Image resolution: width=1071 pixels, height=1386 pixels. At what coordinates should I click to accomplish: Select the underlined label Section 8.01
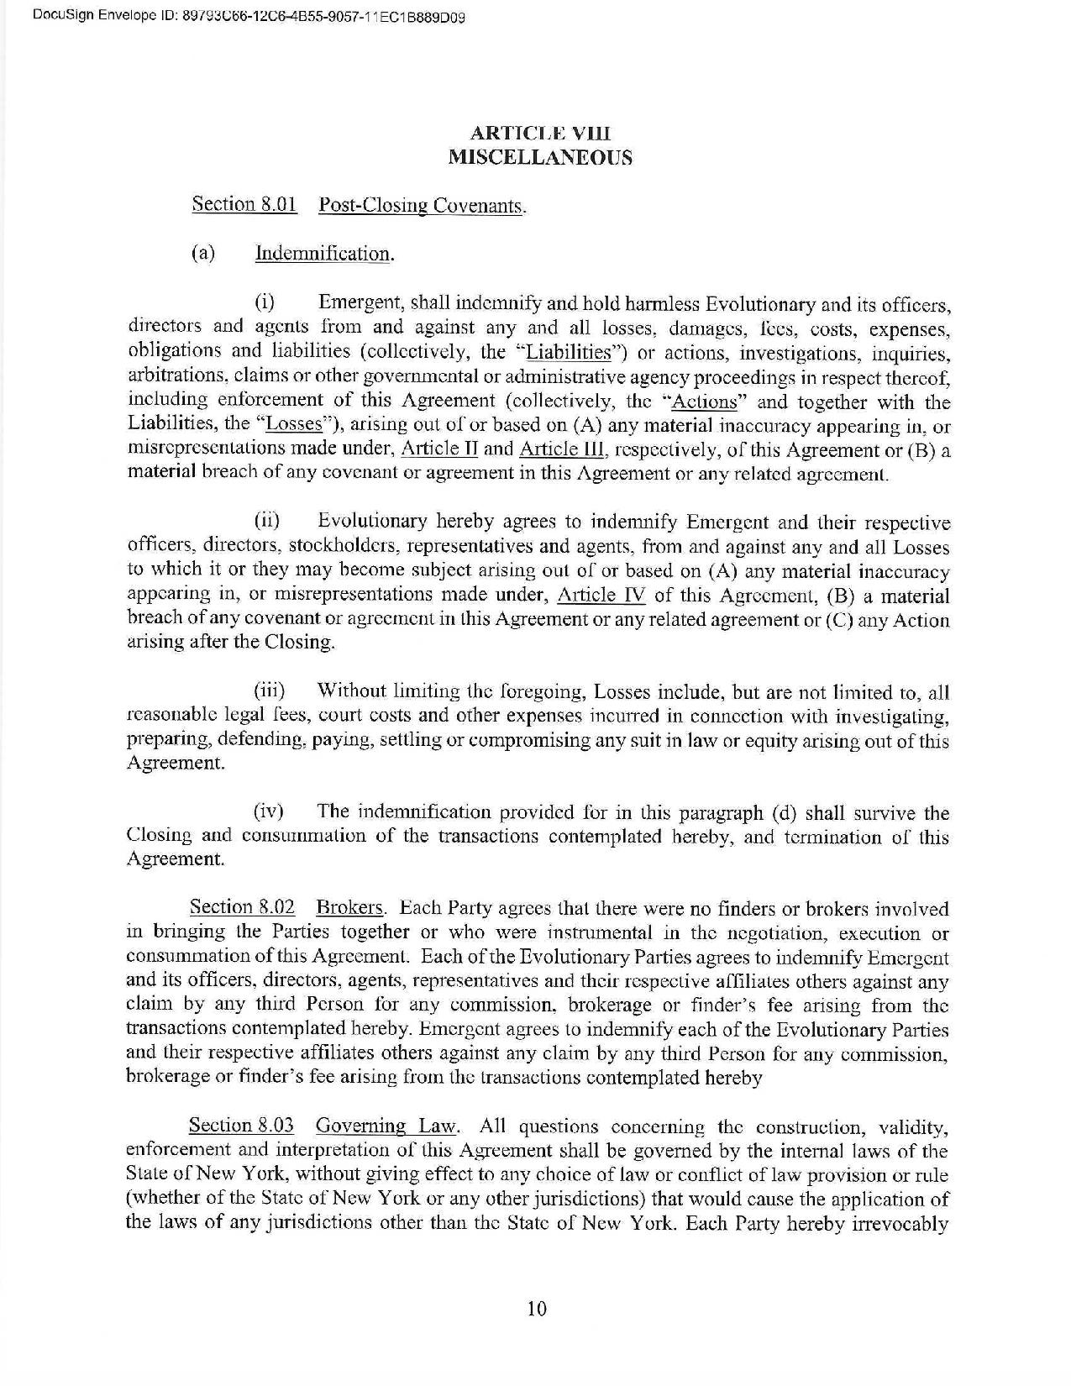click(244, 204)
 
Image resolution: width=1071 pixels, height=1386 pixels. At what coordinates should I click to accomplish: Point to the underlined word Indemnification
click(323, 254)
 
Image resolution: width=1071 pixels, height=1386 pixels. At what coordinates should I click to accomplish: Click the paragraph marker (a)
click(204, 253)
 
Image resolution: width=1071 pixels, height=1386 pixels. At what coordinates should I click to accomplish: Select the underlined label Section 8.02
click(242, 907)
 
